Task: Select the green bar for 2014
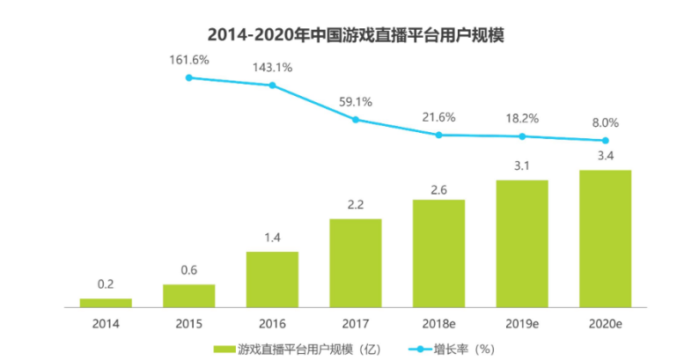[106, 302]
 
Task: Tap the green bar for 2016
[272, 278]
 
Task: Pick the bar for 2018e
[438, 253]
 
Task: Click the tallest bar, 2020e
[605, 238]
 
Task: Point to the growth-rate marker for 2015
[188, 78]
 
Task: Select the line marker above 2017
[356, 119]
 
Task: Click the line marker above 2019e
[522, 136]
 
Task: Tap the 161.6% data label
[188, 59]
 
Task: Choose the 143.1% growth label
[272, 67]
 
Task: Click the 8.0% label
[605, 123]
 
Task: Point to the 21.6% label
[438, 117]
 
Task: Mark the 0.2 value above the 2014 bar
[106, 285]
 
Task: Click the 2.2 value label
[356, 205]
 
